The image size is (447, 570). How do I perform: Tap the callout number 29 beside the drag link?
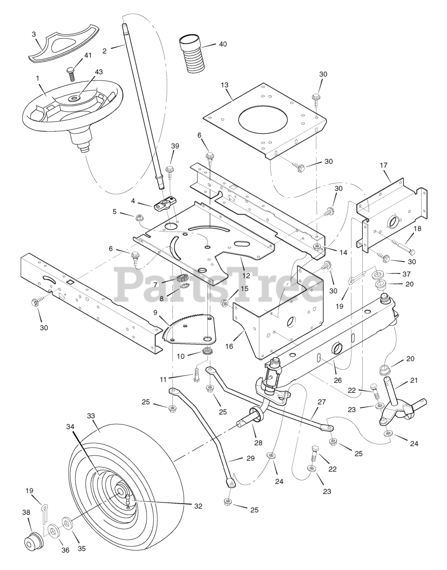pyautogui.click(x=238, y=459)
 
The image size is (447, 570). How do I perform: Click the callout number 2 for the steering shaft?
pyautogui.click(x=105, y=51)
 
